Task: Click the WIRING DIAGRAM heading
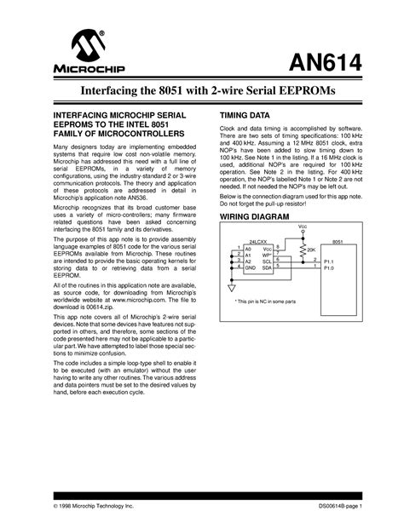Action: click(x=253, y=217)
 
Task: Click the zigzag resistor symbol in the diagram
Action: click(x=302, y=249)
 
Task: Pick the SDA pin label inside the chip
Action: click(x=267, y=268)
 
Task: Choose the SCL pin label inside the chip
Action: click(x=267, y=261)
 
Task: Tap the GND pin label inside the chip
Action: click(x=251, y=268)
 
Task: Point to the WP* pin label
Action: click(x=267, y=255)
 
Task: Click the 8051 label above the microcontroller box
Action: click(x=338, y=243)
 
